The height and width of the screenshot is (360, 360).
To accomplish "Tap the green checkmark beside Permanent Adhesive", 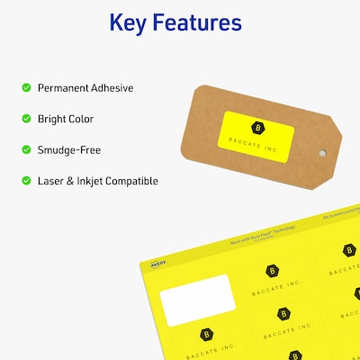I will coord(25,88).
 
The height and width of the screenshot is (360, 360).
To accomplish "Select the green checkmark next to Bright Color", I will coord(25,119).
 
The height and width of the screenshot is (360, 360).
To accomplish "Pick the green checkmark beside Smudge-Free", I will coord(25,149).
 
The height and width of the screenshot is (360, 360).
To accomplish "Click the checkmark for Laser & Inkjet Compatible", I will coord(25,181).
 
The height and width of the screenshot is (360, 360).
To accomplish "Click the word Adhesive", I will coord(112,88).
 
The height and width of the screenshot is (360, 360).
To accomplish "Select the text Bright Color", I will coord(66,119).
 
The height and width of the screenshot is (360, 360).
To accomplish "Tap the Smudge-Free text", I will coord(69,149).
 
